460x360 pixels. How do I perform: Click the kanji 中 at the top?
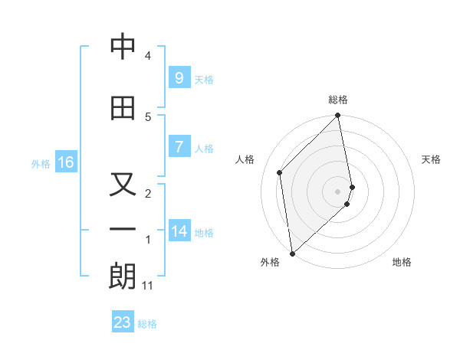click(123, 47)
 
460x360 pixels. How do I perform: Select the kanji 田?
click(123, 108)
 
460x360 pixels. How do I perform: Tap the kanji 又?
click(123, 185)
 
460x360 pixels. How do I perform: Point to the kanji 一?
click(123, 229)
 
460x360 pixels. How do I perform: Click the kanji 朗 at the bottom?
click(123, 277)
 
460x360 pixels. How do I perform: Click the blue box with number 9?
click(179, 78)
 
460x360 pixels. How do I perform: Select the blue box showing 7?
click(179, 147)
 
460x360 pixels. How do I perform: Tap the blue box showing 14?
click(179, 231)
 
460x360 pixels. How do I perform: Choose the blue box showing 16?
click(66, 162)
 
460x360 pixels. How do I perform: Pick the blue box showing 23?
click(123, 322)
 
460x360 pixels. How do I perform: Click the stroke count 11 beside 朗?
click(148, 286)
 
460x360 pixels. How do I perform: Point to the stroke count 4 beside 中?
click(148, 56)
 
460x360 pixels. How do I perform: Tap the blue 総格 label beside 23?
click(147, 324)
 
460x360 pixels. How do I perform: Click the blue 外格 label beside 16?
click(41, 164)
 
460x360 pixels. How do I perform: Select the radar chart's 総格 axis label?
click(338, 100)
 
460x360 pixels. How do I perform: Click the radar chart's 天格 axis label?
click(432, 159)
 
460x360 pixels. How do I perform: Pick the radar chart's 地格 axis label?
click(402, 262)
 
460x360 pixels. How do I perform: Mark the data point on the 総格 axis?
click(338, 116)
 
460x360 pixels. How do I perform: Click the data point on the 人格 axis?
click(280, 172)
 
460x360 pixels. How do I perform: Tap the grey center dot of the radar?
click(338, 191)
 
